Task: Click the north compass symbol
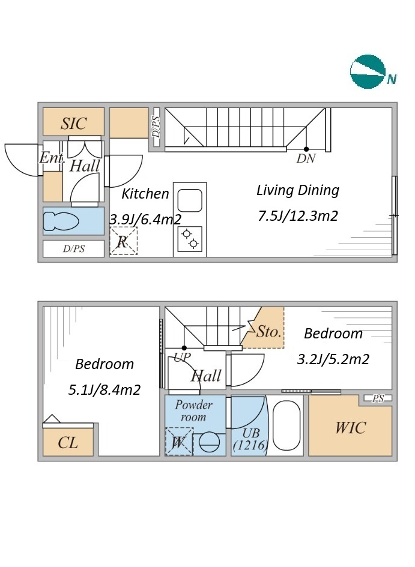click(x=368, y=71)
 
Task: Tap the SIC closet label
click(x=73, y=124)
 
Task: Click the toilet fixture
click(x=61, y=221)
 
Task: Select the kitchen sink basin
click(x=190, y=200)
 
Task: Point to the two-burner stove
click(x=190, y=239)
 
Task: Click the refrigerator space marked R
click(x=123, y=241)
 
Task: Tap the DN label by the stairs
click(x=306, y=158)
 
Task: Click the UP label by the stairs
click(x=182, y=357)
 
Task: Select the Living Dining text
click(x=298, y=190)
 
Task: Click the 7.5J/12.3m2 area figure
click(x=298, y=216)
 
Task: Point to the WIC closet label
click(x=351, y=428)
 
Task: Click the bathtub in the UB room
click(x=286, y=425)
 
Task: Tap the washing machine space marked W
click(x=179, y=442)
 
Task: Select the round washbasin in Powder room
click(x=210, y=442)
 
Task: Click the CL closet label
click(x=68, y=443)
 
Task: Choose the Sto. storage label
click(x=268, y=331)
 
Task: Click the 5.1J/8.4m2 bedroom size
click(x=105, y=390)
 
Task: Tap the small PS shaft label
click(x=378, y=398)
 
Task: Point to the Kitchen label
click(x=145, y=194)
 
